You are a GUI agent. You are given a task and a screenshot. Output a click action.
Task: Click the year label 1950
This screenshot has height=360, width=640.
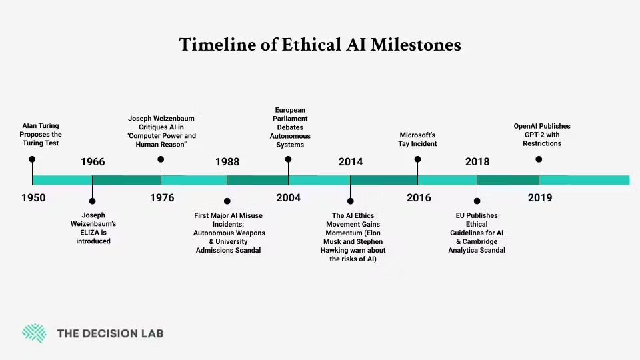click(33, 198)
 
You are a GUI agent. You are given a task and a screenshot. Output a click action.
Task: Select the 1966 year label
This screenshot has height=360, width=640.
click(93, 162)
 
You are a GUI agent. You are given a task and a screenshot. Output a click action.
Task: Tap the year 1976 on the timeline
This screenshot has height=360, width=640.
click(162, 198)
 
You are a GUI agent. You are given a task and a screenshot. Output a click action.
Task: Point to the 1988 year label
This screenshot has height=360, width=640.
click(227, 162)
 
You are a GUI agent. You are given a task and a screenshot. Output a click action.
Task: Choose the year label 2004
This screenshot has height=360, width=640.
click(288, 198)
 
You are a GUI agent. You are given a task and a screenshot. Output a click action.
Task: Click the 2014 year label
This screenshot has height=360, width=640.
click(351, 162)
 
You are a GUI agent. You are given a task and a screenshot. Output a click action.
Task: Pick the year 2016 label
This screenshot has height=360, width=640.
click(419, 198)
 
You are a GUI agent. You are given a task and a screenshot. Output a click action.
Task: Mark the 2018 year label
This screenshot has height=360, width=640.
click(477, 162)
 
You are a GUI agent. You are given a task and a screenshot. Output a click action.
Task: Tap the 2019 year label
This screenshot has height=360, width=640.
click(540, 198)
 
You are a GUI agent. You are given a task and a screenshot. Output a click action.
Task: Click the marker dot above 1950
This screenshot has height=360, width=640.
click(32, 159)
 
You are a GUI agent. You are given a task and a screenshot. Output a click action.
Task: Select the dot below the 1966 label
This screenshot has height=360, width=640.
click(92, 201)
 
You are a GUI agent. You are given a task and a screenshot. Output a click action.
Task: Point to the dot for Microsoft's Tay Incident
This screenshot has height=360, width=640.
click(417, 159)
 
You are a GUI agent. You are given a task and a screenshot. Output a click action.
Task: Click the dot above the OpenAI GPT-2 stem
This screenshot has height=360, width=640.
click(539, 159)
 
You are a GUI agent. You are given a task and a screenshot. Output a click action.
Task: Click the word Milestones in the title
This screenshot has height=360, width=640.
click(416, 45)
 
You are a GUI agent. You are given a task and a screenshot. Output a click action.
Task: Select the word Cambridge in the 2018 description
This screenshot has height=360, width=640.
click(480, 241)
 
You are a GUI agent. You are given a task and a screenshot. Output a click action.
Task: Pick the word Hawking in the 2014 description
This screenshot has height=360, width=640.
click(337, 250)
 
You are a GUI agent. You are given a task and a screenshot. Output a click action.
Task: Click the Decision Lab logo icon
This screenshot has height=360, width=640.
click(34, 333)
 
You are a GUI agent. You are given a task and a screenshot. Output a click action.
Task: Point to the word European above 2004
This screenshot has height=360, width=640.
click(290, 110)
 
